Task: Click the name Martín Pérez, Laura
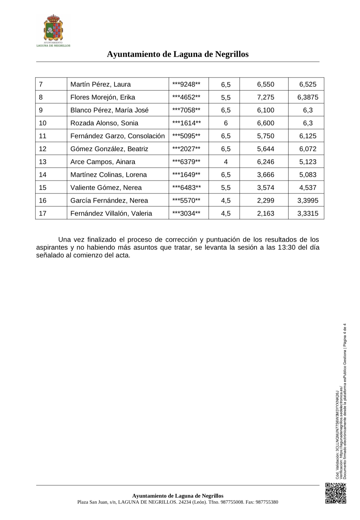tap(100, 84)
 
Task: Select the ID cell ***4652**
tap(186, 97)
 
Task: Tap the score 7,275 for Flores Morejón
tap(265, 97)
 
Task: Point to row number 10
tap(43, 123)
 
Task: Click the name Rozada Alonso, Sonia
tap(104, 123)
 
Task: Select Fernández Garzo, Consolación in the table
tap(117, 136)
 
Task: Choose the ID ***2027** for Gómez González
tap(186, 149)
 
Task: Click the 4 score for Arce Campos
tap(225, 162)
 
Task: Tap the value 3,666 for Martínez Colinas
tap(265, 175)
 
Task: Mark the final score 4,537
tap(308, 188)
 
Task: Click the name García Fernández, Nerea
tap(109, 201)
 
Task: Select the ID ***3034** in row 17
tap(186, 213)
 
